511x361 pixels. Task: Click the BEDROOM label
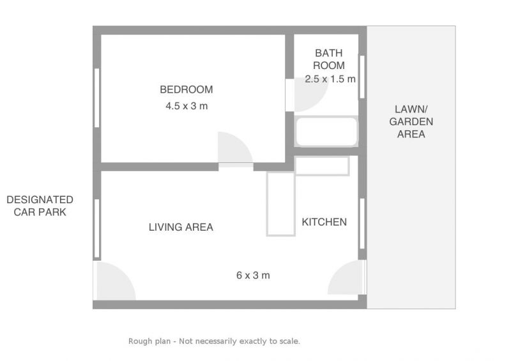tap(186, 89)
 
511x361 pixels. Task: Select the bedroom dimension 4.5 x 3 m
tap(187, 106)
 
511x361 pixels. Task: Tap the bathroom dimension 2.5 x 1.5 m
tap(330, 79)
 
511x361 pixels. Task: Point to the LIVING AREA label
tap(181, 227)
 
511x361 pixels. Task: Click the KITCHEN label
tap(324, 222)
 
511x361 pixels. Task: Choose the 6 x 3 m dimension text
tap(253, 275)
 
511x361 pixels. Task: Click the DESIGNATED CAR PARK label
tap(40, 206)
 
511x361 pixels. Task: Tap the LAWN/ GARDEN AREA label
tap(411, 121)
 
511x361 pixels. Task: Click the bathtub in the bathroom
tap(326, 131)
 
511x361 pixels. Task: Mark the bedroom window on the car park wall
tap(97, 98)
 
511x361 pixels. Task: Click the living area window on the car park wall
tap(97, 229)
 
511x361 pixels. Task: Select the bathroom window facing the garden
tap(362, 77)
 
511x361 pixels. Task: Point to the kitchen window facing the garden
tap(362, 224)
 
